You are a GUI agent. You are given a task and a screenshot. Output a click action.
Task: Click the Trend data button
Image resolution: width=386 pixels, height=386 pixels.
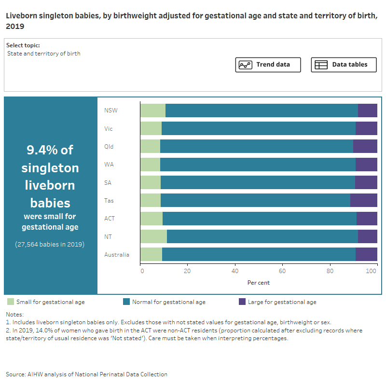(268, 65)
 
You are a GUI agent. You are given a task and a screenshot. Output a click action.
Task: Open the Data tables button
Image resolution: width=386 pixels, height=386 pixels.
(344, 65)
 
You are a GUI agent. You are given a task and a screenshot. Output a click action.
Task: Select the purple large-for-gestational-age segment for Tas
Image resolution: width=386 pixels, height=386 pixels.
(363, 200)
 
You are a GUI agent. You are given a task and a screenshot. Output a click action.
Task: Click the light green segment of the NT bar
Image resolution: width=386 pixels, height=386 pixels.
(153, 236)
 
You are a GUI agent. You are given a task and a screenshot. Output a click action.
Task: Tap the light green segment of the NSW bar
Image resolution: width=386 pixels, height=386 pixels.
(153, 110)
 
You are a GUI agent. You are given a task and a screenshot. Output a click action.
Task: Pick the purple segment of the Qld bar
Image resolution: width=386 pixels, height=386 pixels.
(365, 146)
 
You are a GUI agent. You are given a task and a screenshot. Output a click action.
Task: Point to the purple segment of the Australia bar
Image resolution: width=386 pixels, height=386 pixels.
(366, 254)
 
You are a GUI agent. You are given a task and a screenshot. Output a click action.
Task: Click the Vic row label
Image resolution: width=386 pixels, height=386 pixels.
(109, 129)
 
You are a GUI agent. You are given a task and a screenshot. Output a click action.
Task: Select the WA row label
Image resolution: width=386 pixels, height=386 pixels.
(109, 165)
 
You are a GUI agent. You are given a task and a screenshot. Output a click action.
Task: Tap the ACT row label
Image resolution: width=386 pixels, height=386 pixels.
(110, 219)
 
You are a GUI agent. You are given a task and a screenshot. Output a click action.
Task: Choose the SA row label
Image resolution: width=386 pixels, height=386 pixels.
(108, 182)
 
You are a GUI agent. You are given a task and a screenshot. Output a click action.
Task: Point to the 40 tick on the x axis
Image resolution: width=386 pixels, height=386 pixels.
(235, 271)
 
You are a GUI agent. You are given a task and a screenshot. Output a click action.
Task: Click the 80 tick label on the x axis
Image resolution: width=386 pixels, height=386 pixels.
(330, 271)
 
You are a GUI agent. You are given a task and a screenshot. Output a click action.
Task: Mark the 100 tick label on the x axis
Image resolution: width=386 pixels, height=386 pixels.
(372, 271)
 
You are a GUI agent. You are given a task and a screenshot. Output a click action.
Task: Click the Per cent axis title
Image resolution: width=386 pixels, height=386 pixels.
(259, 282)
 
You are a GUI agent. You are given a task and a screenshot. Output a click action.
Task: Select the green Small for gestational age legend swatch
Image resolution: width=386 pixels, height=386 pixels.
(11, 302)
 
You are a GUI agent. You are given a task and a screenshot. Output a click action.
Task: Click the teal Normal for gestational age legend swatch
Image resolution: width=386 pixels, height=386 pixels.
(126, 302)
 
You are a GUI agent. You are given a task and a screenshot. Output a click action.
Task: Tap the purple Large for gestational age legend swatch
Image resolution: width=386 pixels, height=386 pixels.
(242, 302)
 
